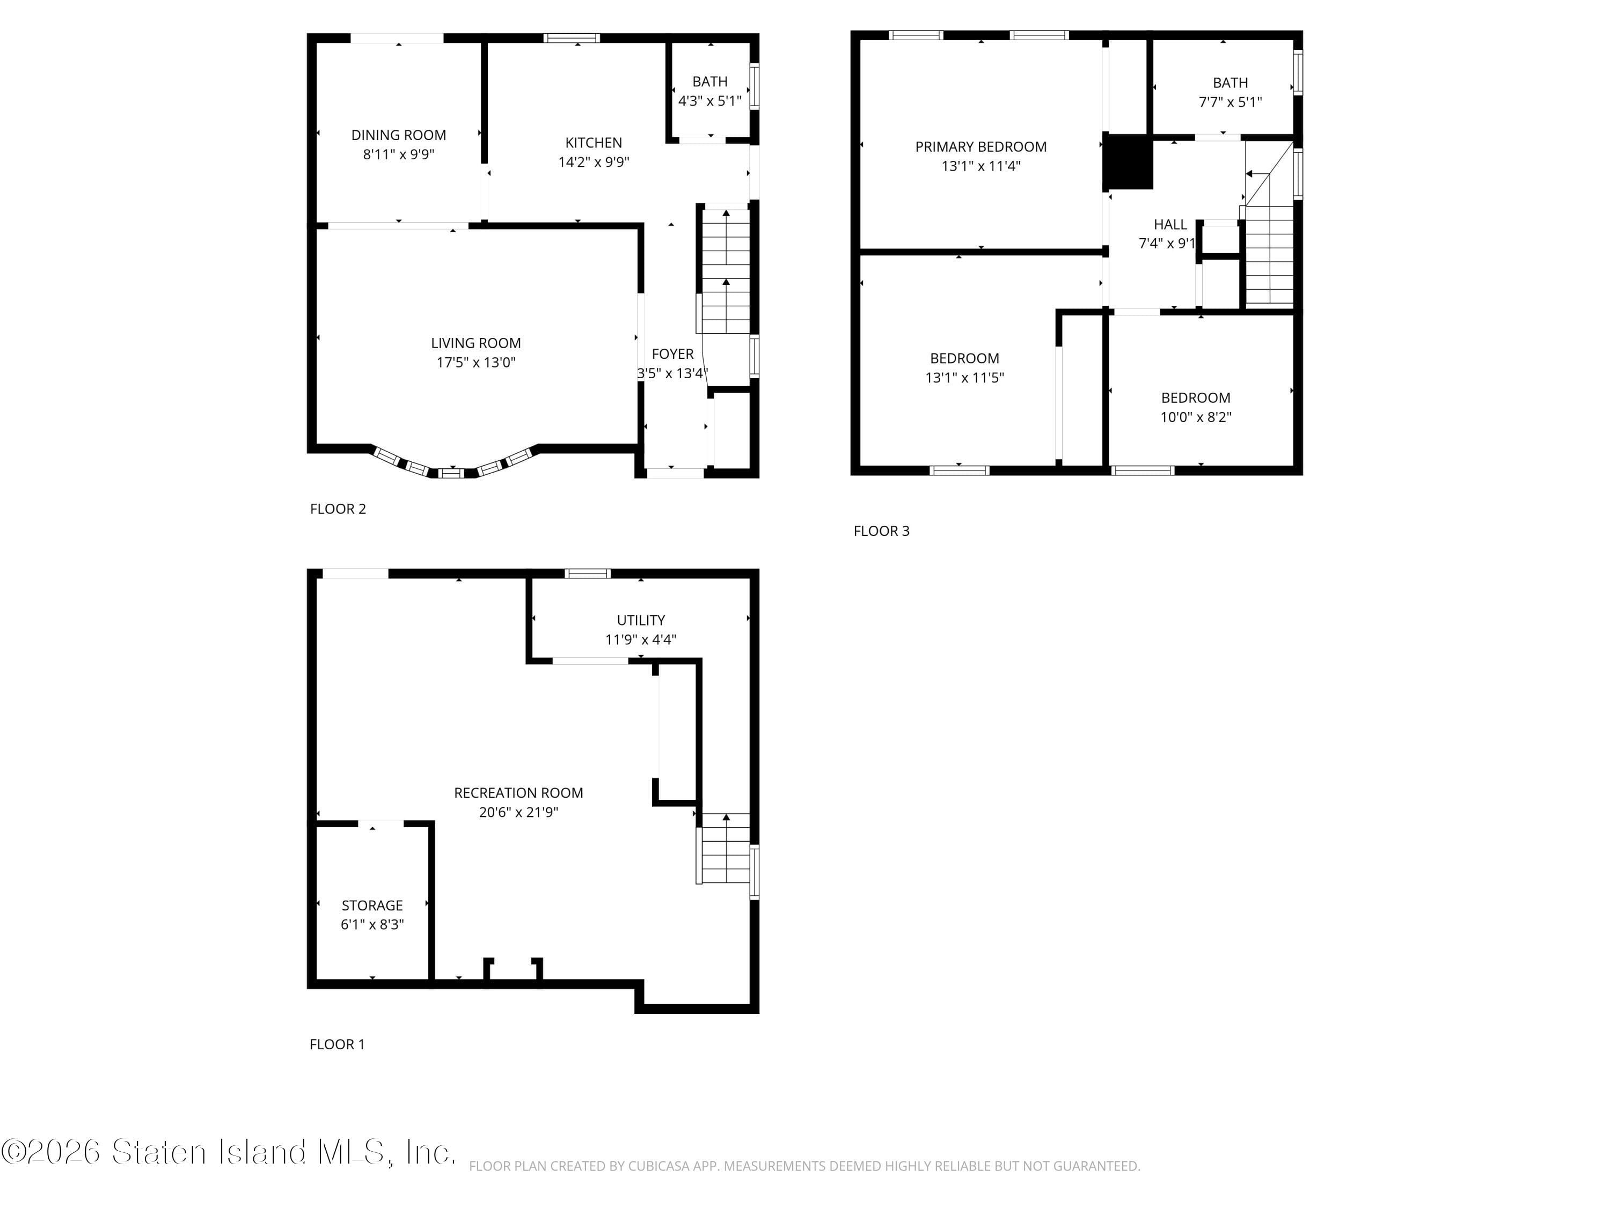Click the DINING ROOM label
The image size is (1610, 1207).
[x=398, y=135]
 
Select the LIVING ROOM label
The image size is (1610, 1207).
[x=475, y=343]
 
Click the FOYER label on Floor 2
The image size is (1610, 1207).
[x=672, y=354]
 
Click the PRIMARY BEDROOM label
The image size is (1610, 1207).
[x=980, y=147]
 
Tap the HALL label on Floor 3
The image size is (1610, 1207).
[x=1169, y=225]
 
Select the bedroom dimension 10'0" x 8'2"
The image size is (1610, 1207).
[x=1195, y=417]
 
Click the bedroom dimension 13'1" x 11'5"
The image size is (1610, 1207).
[x=964, y=378]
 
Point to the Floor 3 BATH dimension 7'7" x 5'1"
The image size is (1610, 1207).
[x=1230, y=102]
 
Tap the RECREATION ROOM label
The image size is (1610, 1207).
[x=518, y=793]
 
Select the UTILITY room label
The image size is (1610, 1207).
[x=640, y=621]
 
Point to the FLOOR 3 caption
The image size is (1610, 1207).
[x=881, y=531]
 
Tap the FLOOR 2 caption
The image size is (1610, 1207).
[x=338, y=509]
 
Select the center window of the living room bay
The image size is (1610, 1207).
[x=451, y=474]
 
